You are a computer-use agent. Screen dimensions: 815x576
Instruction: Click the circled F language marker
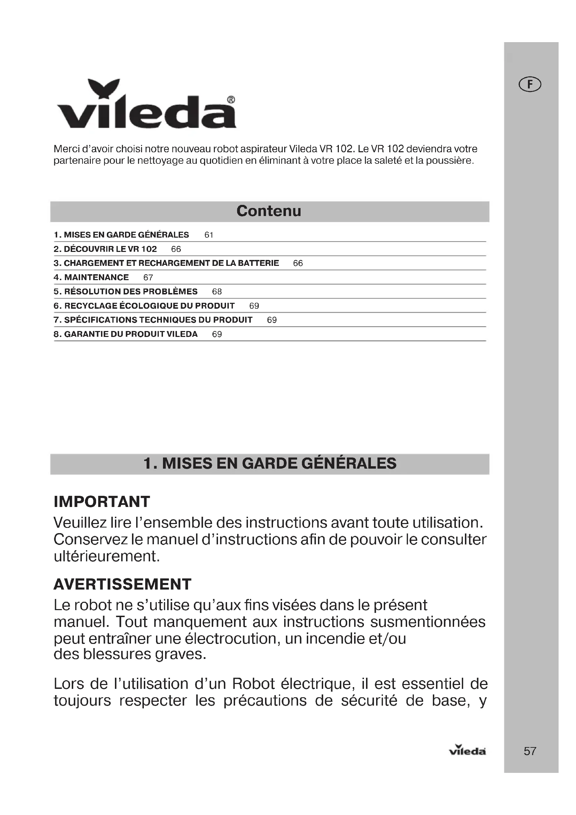pos(530,84)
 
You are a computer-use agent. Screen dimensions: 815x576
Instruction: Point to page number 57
pos(530,751)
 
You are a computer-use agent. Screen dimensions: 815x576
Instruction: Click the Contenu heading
pos(268,211)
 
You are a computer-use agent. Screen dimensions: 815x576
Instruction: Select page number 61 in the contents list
pos(209,235)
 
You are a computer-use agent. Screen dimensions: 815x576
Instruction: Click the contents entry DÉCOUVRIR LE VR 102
pos(105,249)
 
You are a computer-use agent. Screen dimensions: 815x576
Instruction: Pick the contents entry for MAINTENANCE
pos(91,278)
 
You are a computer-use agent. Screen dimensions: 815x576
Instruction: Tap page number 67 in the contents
pos(148,278)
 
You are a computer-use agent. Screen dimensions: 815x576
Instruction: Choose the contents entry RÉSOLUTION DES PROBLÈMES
pos(126,292)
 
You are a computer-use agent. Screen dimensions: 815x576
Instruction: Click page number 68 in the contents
pos(217,292)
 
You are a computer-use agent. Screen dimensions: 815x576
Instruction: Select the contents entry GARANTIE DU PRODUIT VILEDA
pos(126,335)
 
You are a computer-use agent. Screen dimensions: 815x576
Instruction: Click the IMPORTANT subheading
pos(102,501)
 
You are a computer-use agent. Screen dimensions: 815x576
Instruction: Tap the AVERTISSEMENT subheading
pos(122,584)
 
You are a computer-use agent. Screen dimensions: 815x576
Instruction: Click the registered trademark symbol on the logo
pos(231,100)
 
